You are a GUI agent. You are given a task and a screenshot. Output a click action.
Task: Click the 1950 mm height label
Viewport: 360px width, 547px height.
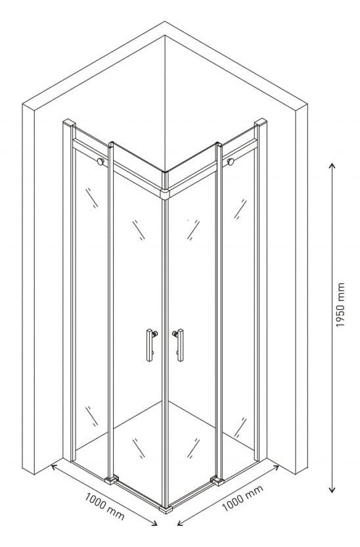[x=340, y=304]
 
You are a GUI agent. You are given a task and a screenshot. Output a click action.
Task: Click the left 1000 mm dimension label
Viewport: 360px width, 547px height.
[x=104, y=506]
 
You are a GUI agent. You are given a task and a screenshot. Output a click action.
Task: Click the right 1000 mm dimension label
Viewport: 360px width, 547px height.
[x=242, y=498]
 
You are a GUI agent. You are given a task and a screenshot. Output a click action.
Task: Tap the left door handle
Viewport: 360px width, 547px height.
[x=151, y=345]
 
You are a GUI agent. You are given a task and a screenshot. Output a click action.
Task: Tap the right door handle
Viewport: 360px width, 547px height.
[x=179, y=345]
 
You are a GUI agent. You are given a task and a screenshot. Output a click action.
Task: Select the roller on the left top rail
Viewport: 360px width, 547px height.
[x=101, y=162]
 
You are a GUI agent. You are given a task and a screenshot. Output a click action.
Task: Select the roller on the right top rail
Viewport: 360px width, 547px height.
[x=230, y=161]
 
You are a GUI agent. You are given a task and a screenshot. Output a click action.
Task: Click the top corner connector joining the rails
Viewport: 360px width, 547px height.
[x=165, y=195]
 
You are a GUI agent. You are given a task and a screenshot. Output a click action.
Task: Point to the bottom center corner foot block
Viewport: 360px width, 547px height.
[x=166, y=510]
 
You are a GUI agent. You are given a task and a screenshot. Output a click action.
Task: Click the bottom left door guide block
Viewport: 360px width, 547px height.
[x=112, y=480]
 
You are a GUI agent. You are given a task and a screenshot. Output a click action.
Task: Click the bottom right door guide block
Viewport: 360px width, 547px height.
[x=218, y=481]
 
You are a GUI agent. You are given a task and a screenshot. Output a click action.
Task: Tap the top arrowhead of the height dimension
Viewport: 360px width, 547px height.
[x=332, y=166]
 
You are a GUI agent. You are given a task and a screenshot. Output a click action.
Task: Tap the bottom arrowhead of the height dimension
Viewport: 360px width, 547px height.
[x=332, y=490]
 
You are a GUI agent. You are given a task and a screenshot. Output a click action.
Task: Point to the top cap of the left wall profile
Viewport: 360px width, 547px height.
[x=69, y=123]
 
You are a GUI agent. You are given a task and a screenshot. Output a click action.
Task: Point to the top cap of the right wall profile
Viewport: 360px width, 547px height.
[x=261, y=122]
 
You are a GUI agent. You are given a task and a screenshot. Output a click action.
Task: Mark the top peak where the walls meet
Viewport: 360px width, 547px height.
[x=165, y=22]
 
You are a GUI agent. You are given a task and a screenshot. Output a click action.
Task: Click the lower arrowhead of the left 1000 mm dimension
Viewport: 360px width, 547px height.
[x=154, y=522]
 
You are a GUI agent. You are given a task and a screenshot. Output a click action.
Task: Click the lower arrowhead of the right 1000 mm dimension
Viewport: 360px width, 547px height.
[x=180, y=523]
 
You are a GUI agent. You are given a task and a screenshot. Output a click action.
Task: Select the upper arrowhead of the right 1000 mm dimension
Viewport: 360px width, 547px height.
[x=276, y=467]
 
